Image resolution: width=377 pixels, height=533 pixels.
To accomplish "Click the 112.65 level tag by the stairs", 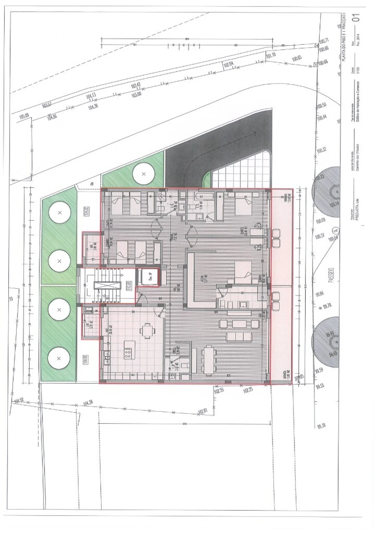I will click(129, 285).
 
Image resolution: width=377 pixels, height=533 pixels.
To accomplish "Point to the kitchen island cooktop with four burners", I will click(128, 352).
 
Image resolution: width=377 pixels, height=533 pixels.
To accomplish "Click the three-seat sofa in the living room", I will click(239, 336).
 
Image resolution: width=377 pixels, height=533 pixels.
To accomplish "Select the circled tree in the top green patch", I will click(144, 174).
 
